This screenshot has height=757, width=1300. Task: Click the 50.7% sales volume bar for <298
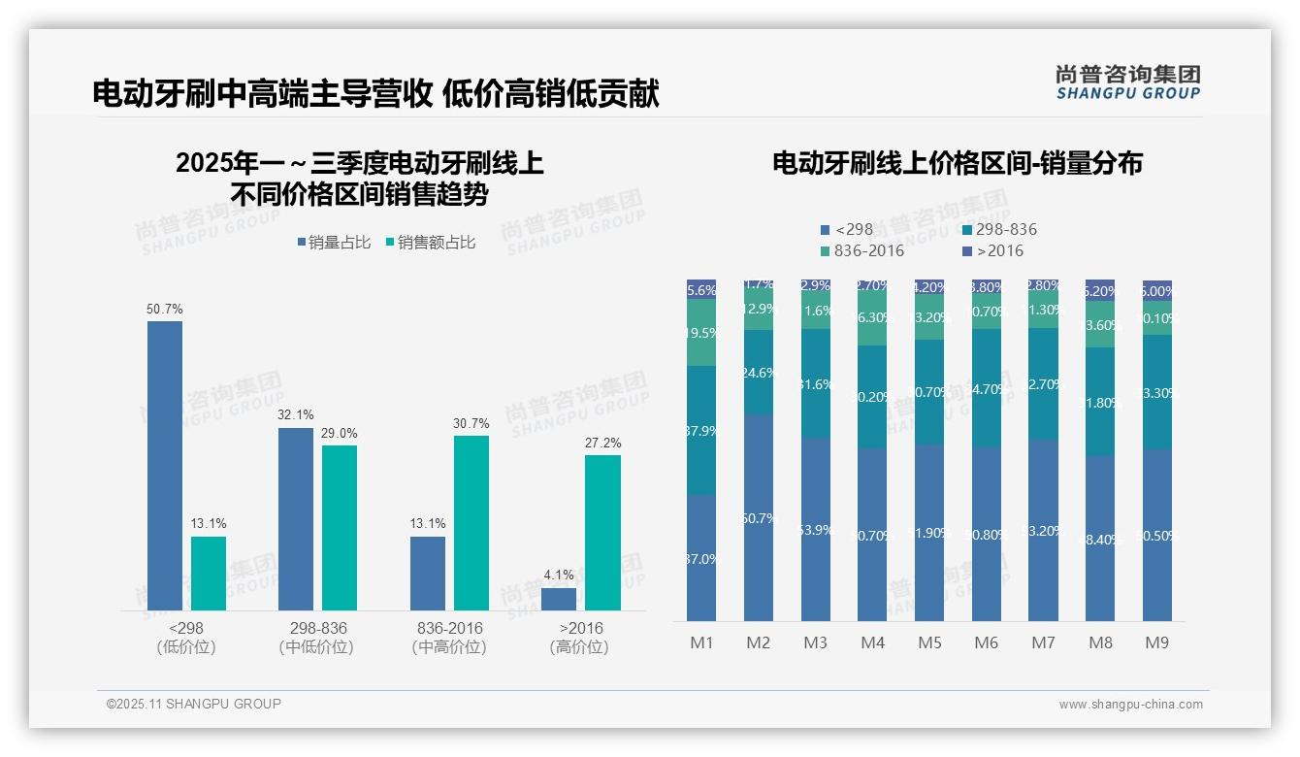click(165, 466)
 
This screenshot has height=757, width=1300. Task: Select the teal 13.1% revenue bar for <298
click(209, 574)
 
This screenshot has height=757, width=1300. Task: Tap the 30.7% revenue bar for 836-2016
click(471, 523)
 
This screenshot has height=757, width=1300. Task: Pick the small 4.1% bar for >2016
click(559, 599)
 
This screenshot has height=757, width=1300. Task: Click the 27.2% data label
click(602, 444)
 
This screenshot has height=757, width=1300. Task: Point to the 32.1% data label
click(296, 415)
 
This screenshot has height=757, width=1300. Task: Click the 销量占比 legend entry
click(334, 243)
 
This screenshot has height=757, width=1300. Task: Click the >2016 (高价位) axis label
click(580, 638)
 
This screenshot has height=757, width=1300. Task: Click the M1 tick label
click(701, 642)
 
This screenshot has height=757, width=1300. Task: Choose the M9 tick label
click(1156, 642)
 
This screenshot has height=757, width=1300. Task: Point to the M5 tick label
click(929, 642)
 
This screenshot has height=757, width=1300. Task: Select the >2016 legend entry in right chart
click(993, 251)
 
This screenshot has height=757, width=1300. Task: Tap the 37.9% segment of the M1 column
click(701, 431)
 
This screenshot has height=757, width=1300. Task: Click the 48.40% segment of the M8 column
click(1100, 539)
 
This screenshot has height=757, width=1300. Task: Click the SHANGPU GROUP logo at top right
click(1127, 82)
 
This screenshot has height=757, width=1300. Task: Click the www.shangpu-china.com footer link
click(1130, 705)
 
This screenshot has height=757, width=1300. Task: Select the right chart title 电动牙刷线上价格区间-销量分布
click(957, 163)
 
